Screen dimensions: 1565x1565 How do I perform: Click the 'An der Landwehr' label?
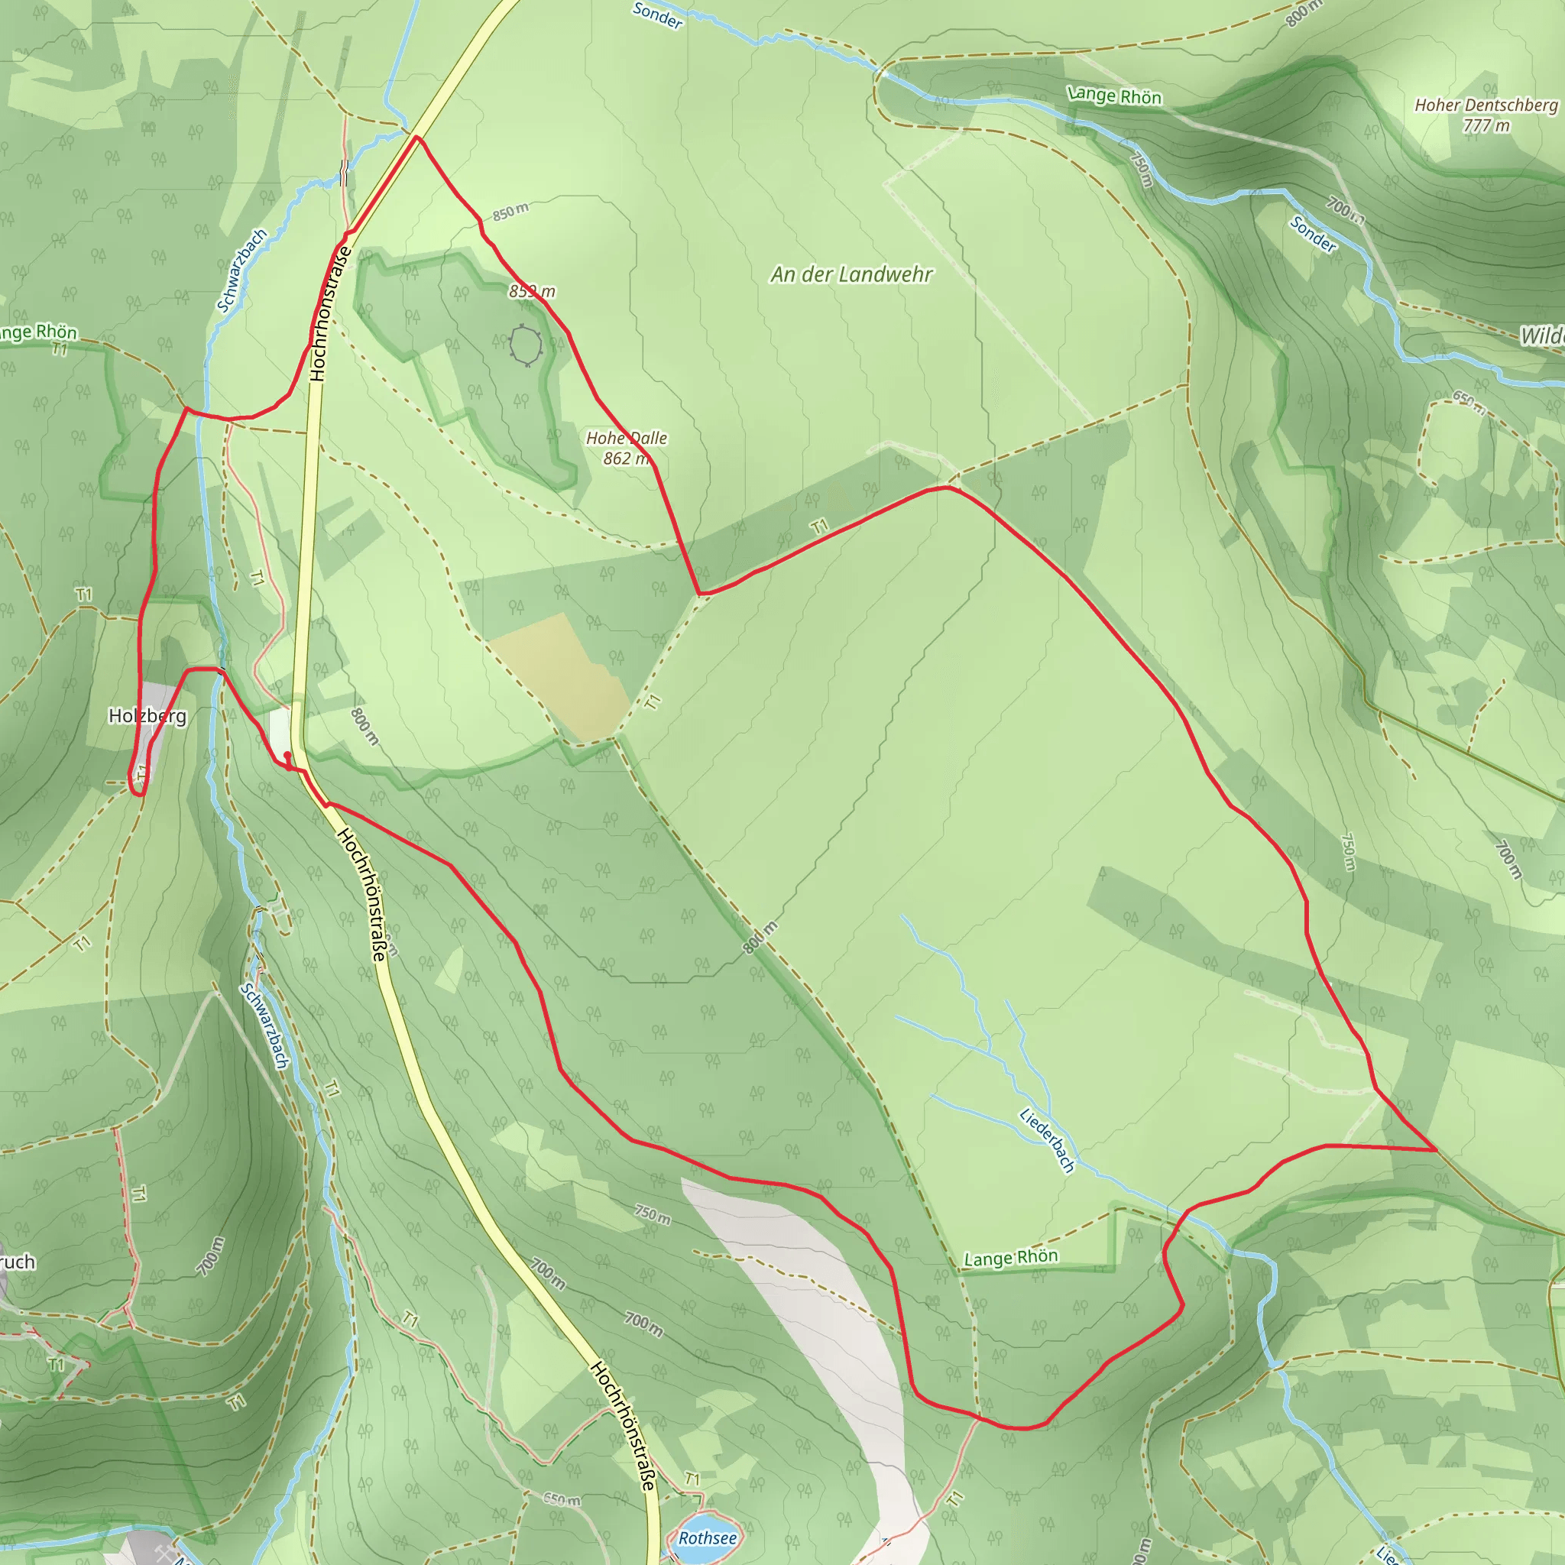pyautogui.click(x=851, y=274)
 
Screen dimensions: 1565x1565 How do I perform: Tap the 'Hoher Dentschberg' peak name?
pyautogui.click(x=1486, y=105)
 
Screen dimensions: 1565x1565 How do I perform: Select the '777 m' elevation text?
pyautogui.click(x=1486, y=125)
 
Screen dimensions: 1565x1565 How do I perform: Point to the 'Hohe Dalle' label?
pyautogui.click(x=626, y=438)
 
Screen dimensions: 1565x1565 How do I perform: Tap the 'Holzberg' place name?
pyautogui.click(x=147, y=716)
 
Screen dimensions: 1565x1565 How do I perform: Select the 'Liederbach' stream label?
pyautogui.click(x=1048, y=1141)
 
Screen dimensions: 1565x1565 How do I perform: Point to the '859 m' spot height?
pyautogui.click(x=532, y=291)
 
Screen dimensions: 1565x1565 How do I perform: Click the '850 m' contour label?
pyautogui.click(x=510, y=212)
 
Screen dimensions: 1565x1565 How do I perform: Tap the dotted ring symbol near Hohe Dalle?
pyautogui.click(x=526, y=346)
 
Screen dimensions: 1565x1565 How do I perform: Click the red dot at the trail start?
pyautogui.click(x=287, y=755)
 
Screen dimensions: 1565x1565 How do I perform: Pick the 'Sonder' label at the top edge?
pyautogui.click(x=657, y=15)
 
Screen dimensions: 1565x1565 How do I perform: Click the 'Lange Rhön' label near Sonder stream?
pyautogui.click(x=1115, y=96)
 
